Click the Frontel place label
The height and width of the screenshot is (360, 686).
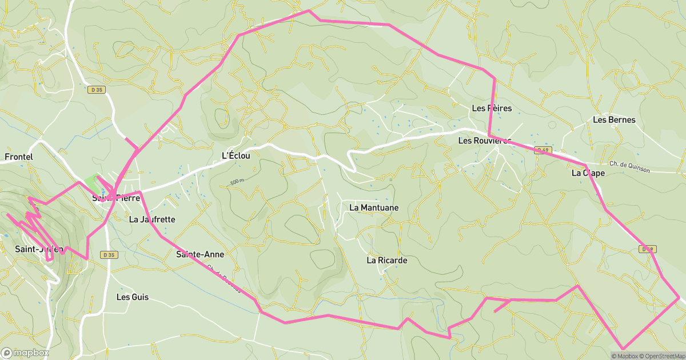coord(18,157)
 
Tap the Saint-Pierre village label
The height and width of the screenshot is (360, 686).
coord(117,198)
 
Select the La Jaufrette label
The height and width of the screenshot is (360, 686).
coord(152,219)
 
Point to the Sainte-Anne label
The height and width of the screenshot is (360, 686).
coord(200,254)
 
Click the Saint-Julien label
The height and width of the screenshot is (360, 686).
coord(38,249)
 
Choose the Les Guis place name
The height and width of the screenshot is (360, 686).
coord(131,297)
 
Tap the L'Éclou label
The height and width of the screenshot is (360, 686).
coord(236,155)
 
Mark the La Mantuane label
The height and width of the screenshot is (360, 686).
coord(374,208)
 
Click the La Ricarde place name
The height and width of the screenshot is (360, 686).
coord(387,261)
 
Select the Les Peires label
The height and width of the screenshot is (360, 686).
coord(492,109)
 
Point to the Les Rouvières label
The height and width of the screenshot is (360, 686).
coord(485,141)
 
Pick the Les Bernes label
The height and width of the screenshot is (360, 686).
coord(614,120)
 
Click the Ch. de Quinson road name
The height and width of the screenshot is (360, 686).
coord(631,165)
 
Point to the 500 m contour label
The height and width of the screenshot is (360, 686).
coord(237,182)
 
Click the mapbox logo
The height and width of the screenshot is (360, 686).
coord(25,353)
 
